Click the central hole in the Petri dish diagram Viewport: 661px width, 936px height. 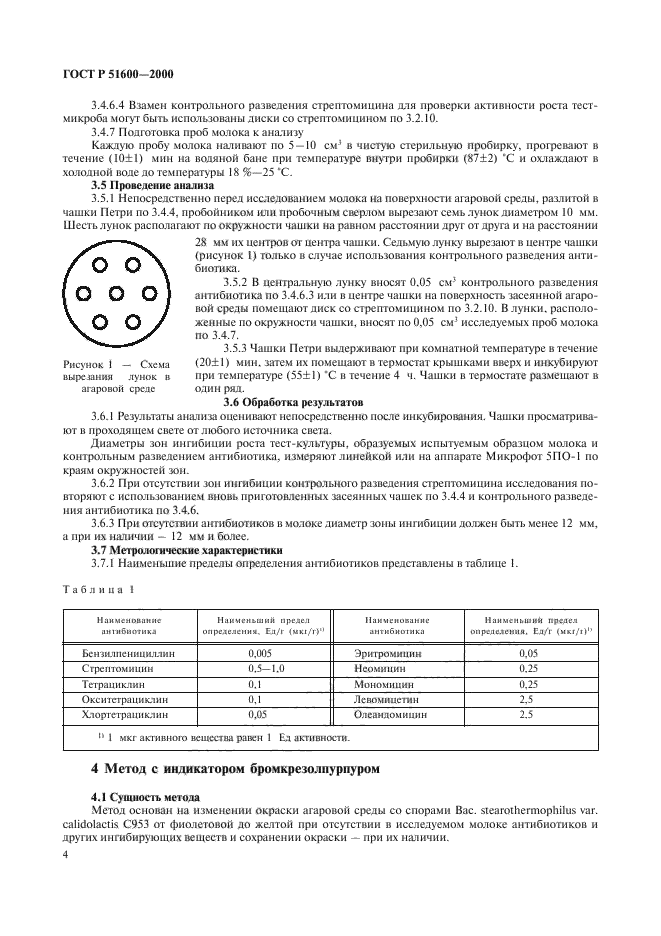point(103,293)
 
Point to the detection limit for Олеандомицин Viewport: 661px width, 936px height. point(529,716)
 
